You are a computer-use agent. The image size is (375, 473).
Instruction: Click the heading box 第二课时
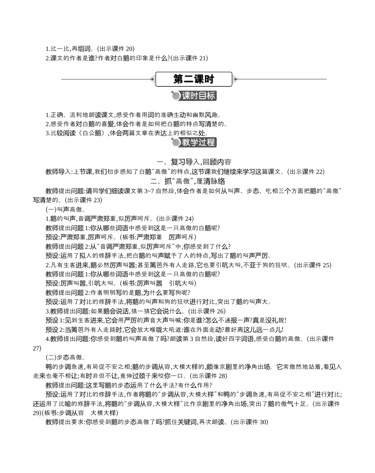[x=193, y=79]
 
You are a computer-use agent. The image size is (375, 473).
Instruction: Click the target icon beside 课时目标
[x=176, y=96]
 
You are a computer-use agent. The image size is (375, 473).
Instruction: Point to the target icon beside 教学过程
[x=176, y=142]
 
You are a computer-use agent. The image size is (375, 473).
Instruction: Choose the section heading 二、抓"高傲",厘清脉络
[x=188, y=181]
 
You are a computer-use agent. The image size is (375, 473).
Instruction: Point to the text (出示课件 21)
[x=189, y=58]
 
